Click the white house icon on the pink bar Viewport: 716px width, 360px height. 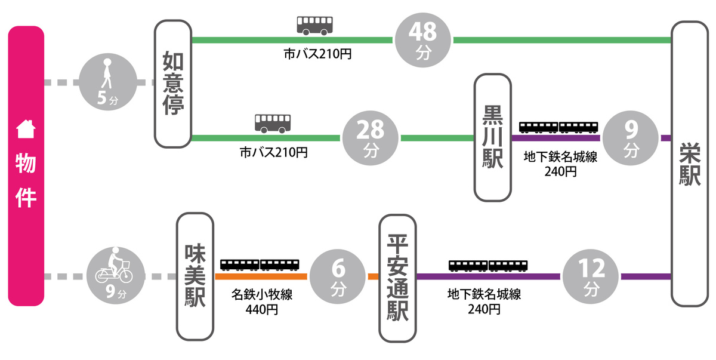(25, 128)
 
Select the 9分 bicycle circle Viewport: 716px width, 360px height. (116, 276)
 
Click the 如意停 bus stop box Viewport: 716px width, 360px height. (172, 84)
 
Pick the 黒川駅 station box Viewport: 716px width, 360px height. (493, 137)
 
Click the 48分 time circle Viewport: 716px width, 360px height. (423, 40)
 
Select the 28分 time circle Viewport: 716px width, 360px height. (370, 138)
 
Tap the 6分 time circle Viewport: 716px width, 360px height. (337, 276)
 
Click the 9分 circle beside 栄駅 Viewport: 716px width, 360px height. (631, 138)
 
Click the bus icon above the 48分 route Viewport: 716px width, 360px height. (314, 25)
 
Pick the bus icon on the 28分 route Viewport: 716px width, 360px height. (273, 123)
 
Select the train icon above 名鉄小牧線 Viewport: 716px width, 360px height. (260, 264)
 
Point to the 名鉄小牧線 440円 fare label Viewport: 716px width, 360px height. (261, 302)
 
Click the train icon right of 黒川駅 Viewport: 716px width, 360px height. (558, 127)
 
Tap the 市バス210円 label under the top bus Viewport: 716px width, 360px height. (317, 55)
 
